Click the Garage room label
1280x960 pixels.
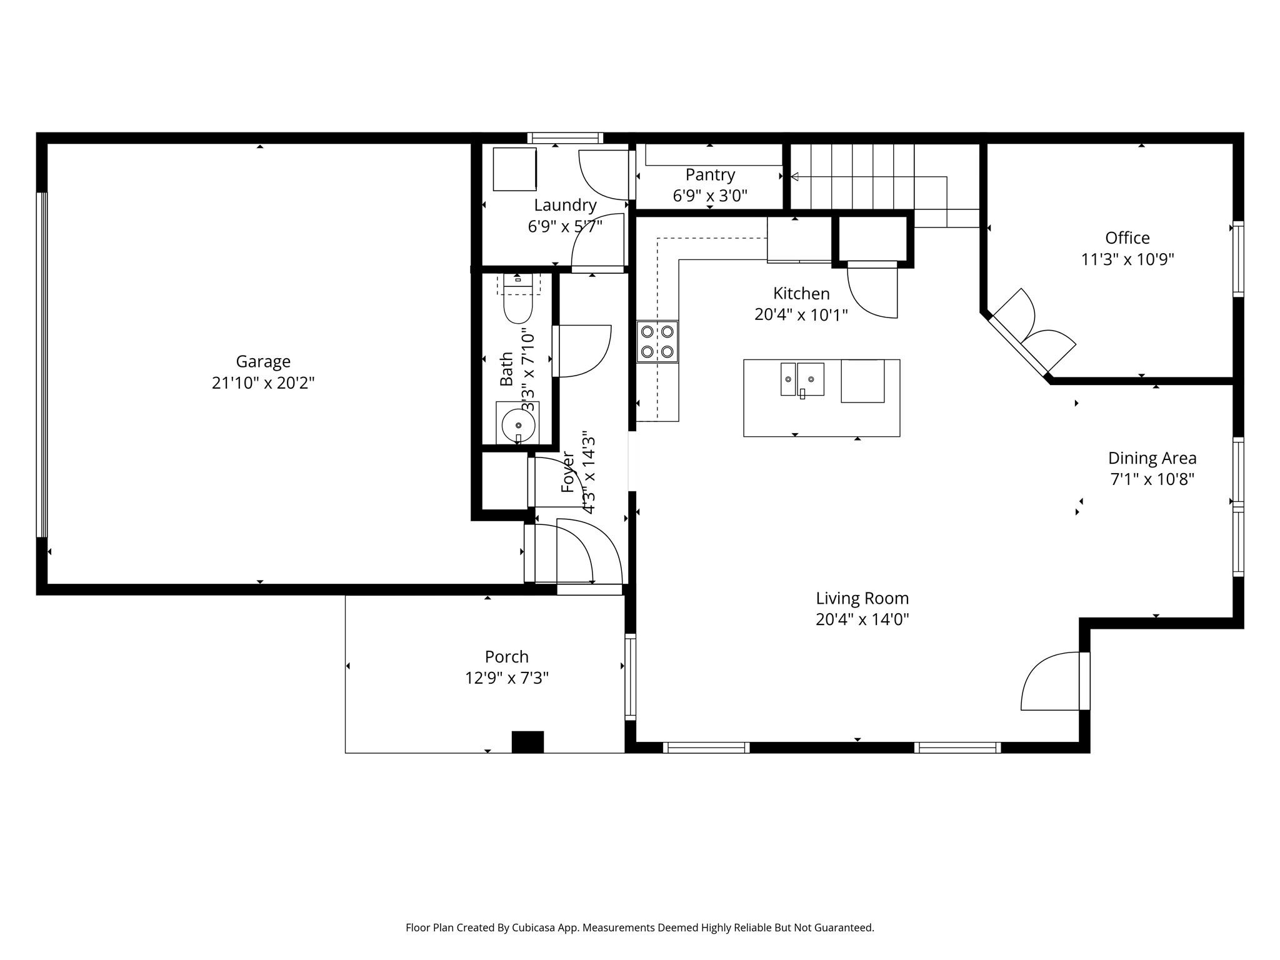[x=263, y=361]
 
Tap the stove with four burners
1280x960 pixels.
[x=657, y=341]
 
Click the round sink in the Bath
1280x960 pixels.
[x=518, y=425]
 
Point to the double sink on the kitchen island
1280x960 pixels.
[x=802, y=379]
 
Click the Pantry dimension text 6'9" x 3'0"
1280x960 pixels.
[x=710, y=196]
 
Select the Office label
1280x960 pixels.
[x=1127, y=238]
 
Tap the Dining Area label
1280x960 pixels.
[x=1152, y=458]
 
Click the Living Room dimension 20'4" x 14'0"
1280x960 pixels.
[x=862, y=619]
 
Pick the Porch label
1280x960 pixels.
[x=506, y=657]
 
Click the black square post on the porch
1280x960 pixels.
[x=527, y=741]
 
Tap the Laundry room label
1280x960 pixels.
[x=565, y=205]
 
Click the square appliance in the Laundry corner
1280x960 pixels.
[x=514, y=169]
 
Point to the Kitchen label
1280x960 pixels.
[x=801, y=293]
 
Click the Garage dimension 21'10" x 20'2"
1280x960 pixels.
[x=263, y=382]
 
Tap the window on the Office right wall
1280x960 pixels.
[x=1237, y=259]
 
